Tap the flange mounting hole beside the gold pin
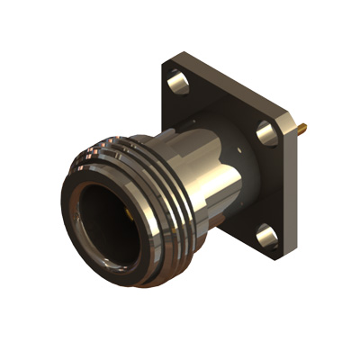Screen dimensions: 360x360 (x=266, y=132)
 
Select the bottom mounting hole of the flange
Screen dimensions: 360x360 (x=265, y=238)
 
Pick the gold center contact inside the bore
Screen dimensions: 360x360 (x=129, y=216)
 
